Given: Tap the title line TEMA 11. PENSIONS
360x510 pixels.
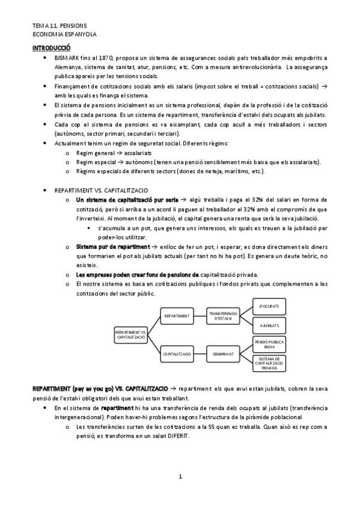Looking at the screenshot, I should (x=59, y=26).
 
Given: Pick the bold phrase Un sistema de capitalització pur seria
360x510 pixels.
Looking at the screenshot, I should (x=127, y=199).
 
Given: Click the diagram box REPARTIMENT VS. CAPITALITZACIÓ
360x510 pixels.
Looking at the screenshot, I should (x=130, y=335).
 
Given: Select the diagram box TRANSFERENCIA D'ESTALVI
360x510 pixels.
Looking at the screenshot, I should (x=223, y=315).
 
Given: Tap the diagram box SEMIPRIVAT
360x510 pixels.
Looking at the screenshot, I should (x=223, y=354).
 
